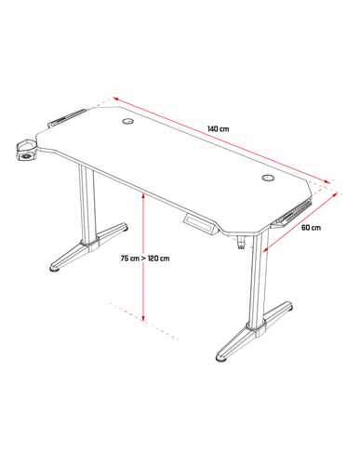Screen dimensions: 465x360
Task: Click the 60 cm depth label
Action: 311,227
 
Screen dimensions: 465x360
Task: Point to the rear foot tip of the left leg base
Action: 124,226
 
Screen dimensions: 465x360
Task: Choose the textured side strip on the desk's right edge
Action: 291,212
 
